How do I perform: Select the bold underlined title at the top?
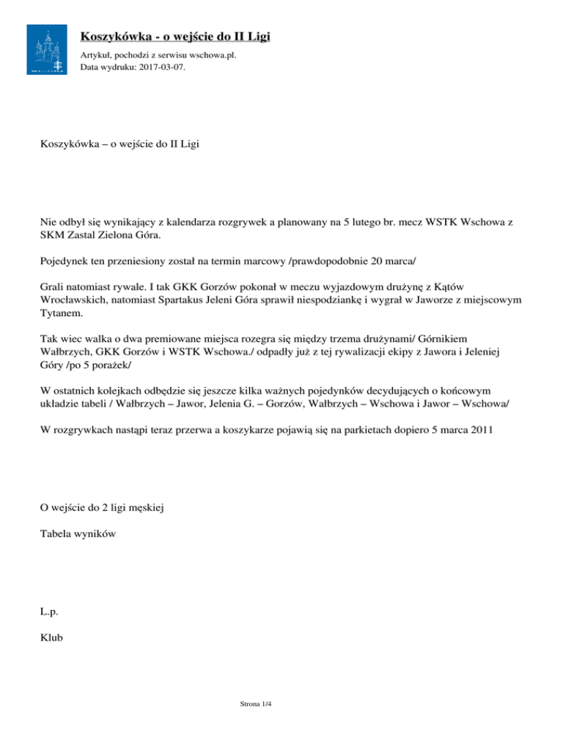coord(180,36)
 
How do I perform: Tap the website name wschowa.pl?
coord(212,55)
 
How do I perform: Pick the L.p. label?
coord(50,610)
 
